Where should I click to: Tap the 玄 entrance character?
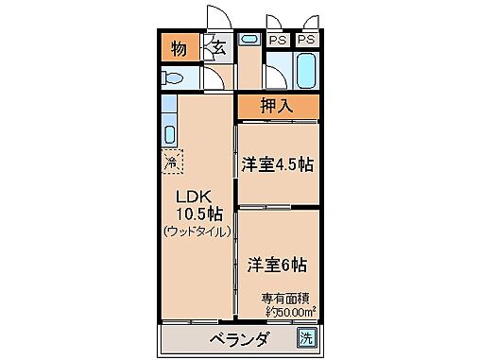pyautogui.click(x=216, y=47)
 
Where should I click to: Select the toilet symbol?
pyautogui.click(x=174, y=77)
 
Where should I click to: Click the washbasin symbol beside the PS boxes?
pyautogui.click(x=249, y=41)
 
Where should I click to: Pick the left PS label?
pyautogui.click(x=278, y=41)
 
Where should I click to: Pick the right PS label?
pyautogui.click(x=306, y=41)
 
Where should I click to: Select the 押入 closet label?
pyautogui.click(x=276, y=106)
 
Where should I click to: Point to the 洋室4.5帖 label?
pyautogui.click(x=276, y=164)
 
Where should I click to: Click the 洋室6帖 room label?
pyautogui.click(x=277, y=264)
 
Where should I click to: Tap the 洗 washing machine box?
pyautogui.click(x=307, y=337)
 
